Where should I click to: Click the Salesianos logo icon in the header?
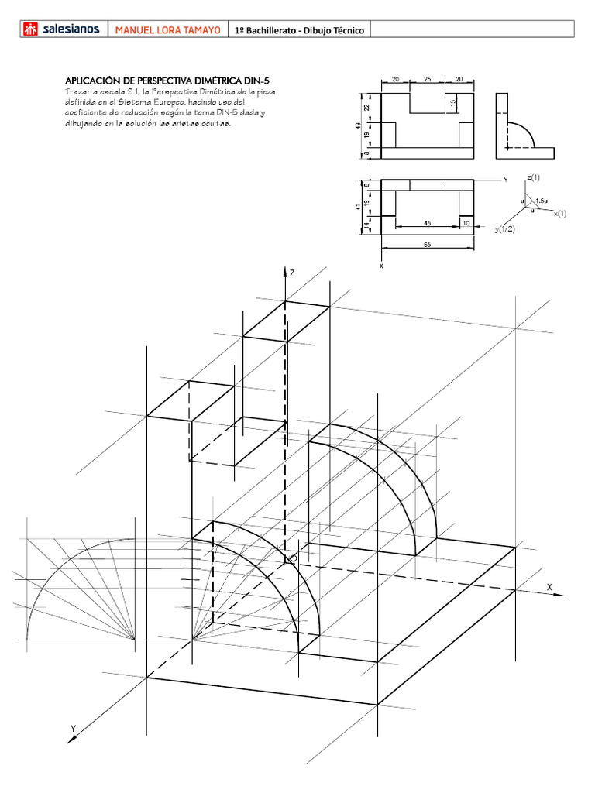pos(30,29)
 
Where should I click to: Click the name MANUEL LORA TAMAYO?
pos(167,30)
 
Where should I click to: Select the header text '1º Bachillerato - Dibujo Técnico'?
pos(299,30)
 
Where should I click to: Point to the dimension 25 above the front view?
pos(427,80)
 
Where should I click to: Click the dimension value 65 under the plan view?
pos(428,244)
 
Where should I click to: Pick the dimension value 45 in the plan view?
pos(428,223)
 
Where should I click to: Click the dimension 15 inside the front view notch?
pos(452,104)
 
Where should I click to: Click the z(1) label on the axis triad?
pos(533,178)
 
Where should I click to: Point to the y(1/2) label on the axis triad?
pos(505,229)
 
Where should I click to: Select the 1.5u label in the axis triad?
pos(541,201)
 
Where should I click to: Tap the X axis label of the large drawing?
pos(549,587)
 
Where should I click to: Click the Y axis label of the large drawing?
pos(73,728)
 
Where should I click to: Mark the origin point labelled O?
pos(293,558)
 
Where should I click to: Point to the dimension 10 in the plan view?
pos(465,223)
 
